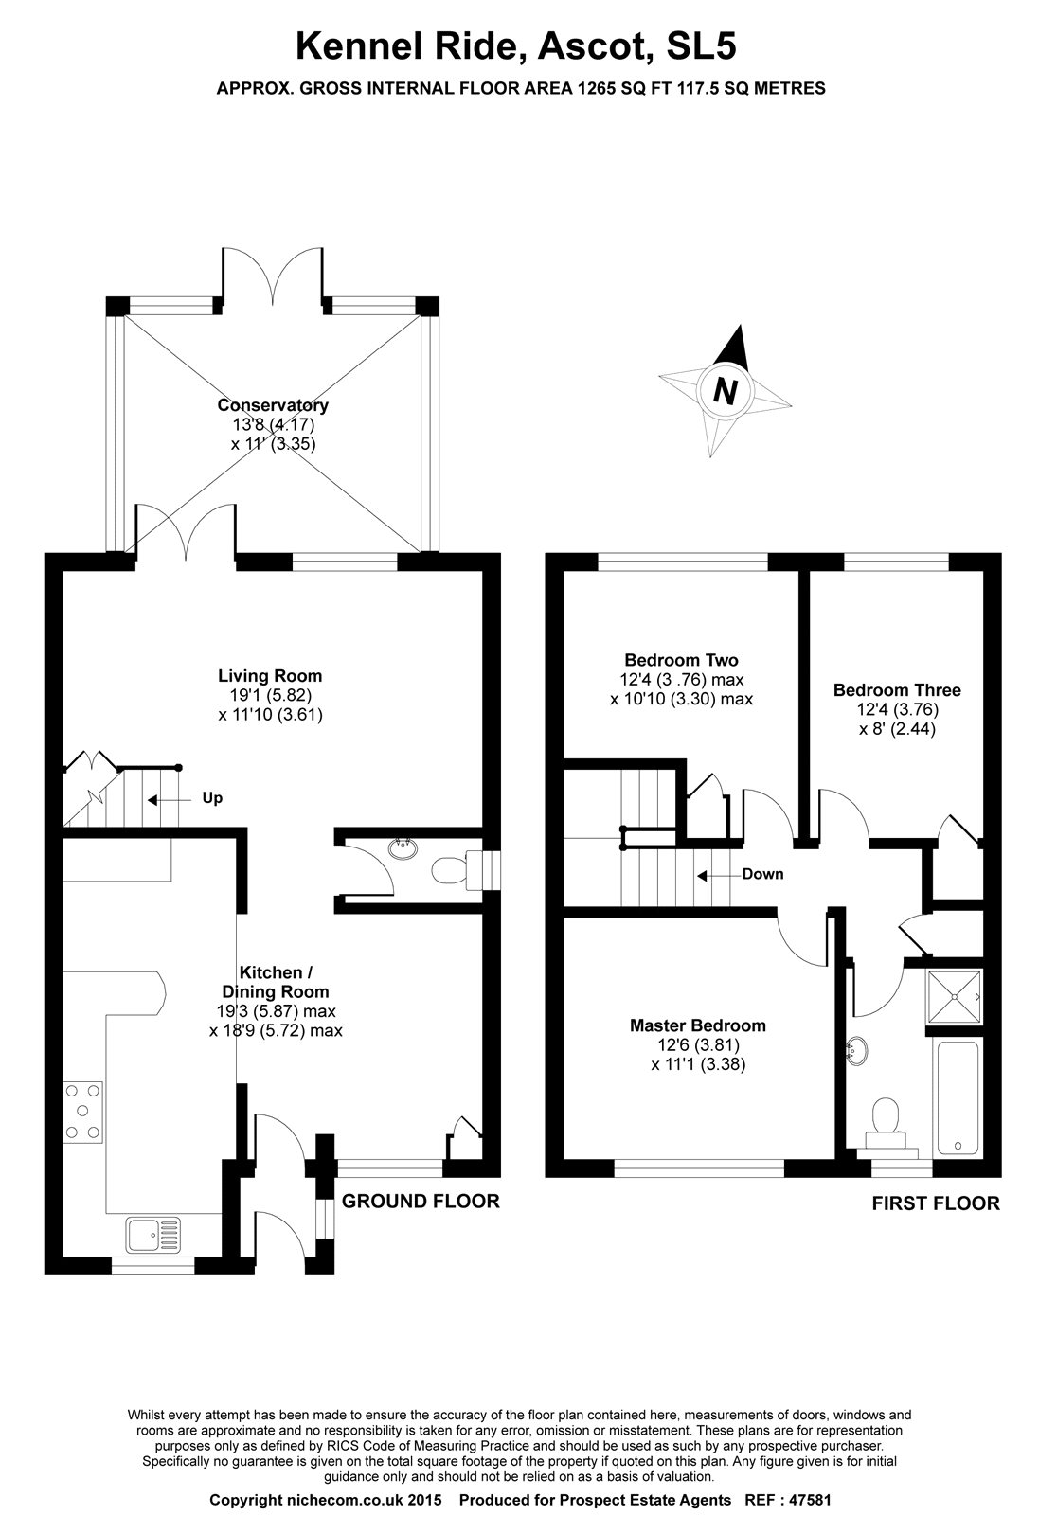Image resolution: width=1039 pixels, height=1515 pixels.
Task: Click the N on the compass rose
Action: click(726, 390)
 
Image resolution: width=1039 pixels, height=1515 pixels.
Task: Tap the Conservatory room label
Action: click(273, 405)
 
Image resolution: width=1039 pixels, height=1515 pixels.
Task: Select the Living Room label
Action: click(270, 676)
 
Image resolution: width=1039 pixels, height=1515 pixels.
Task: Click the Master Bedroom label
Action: click(698, 1025)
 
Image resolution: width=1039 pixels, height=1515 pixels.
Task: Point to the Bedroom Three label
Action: click(897, 690)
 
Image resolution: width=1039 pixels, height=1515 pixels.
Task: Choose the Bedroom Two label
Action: click(681, 660)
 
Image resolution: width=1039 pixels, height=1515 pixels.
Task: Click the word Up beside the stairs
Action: click(212, 798)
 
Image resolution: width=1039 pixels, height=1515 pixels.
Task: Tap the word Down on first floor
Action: click(762, 874)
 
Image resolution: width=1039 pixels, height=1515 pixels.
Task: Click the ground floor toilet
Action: click(449, 868)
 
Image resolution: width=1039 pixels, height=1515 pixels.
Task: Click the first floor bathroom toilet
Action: click(888, 1117)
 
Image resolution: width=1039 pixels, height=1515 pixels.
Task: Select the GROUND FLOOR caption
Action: click(421, 1202)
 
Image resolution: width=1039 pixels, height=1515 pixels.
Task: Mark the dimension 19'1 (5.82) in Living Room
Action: click(270, 696)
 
